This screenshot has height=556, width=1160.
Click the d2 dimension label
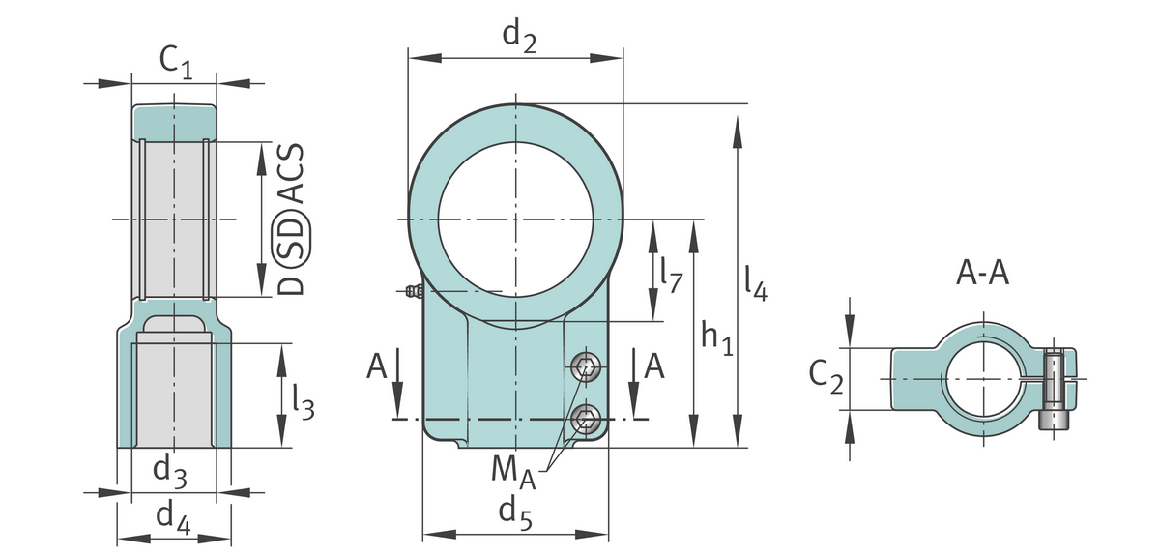519,38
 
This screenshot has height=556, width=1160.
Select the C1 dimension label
176,63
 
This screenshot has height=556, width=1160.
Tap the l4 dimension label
756,283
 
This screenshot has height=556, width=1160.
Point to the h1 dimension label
717,337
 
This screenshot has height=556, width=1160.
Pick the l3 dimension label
303,402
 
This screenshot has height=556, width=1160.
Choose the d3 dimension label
170,474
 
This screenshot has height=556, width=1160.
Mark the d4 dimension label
173,518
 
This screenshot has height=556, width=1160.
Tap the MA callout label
513,473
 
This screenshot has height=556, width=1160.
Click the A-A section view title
982,273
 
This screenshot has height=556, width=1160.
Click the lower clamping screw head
586,419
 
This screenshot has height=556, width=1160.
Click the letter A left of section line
376,366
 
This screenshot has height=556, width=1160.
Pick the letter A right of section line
653,366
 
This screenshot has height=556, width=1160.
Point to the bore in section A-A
984,379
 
